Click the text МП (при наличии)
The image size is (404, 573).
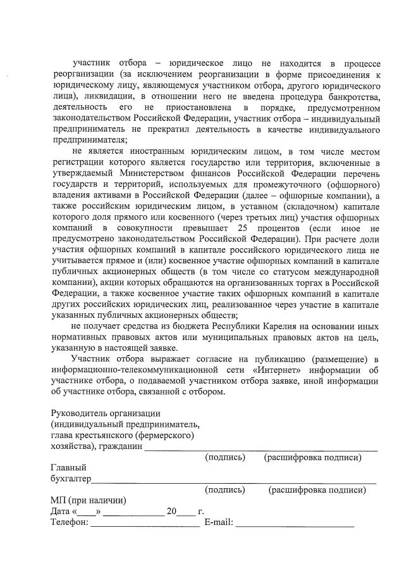click(x=89, y=500)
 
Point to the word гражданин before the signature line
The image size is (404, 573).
click(x=121, y=446)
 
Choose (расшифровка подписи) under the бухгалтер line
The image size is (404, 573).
click(x=317, y=489)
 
